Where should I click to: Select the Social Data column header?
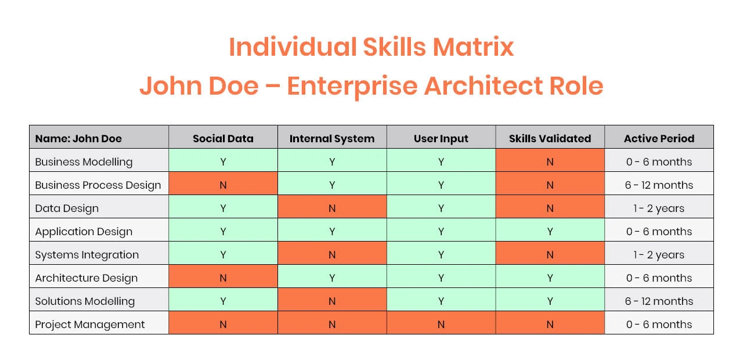point(223,138)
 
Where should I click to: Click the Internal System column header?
point(332,138)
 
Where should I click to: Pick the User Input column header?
point(441,138)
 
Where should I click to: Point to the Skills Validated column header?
point(550,138)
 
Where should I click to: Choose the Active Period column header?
point(659,138)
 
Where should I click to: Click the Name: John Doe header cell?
point(99,138)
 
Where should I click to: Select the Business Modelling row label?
point(84,162)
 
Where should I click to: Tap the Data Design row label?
point(67,208)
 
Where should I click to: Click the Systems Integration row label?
point(87,255)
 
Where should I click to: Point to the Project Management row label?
point(90,325)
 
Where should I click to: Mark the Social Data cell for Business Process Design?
point(223,185)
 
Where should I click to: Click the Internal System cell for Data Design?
point(332,208)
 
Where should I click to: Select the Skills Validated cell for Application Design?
point(550,231)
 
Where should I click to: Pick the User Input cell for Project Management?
point(441,324)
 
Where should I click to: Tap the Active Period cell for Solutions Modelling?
point(659,301)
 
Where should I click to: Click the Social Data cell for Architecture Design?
point(223,278)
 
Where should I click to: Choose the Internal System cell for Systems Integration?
point(332,254)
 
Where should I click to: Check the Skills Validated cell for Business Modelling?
point(550,161)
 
